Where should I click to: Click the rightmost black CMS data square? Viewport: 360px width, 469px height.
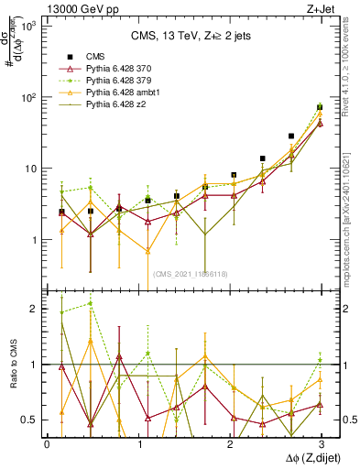pyautogui.click(x=319, y=107)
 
